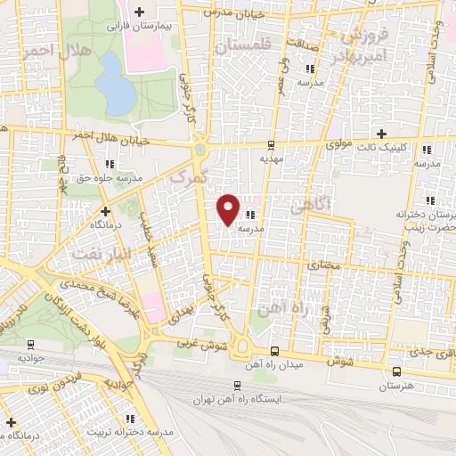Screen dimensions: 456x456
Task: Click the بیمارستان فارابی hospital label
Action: click(138, 27)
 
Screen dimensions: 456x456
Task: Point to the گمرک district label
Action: click(189, 178)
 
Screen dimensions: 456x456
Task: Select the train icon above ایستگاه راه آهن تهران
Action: click(236, 385)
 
